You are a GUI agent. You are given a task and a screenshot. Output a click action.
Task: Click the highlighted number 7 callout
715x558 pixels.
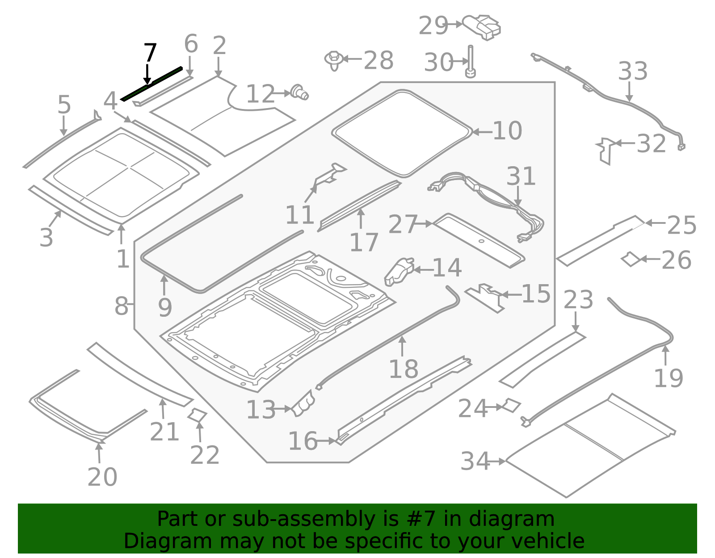point(150,54)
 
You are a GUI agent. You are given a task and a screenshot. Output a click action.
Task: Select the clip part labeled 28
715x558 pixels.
point(334,60)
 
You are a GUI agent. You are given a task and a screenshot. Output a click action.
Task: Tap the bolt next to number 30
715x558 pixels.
point(470,62)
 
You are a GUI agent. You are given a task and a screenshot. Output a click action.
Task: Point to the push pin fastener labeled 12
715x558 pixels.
point(299,92)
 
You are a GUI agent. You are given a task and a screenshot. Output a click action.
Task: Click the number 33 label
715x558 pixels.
point(632,71)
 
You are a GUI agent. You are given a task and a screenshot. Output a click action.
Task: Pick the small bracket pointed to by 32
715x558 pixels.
point(605,151)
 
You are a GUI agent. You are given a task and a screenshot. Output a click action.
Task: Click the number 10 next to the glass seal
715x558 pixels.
point(507,131)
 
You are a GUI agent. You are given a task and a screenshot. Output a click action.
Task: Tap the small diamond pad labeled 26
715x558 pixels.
point(631,259)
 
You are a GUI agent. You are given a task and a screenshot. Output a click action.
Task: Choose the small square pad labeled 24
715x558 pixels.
point(512,405)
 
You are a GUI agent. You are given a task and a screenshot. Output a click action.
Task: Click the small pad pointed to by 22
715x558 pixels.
point(197,415)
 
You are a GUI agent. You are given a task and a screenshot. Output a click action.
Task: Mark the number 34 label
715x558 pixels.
point(475,461)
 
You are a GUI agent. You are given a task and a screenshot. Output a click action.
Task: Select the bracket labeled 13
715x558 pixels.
point(303,403)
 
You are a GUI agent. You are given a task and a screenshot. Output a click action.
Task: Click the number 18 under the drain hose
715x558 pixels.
point(404,369)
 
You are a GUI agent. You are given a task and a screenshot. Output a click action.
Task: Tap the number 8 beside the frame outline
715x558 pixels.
point(121,306)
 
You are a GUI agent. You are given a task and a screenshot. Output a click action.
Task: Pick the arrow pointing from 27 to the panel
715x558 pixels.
point(425,223)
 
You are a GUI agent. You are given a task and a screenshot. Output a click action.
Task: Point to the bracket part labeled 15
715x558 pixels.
point(486,298)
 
